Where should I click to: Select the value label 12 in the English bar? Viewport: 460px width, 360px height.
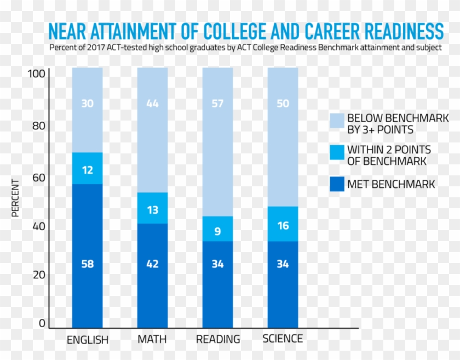point(87,170)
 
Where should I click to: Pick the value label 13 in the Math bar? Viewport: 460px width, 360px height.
point(152,210)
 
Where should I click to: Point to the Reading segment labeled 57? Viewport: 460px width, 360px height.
point(217,142)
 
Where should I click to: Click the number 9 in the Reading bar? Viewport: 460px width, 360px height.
point(217,231)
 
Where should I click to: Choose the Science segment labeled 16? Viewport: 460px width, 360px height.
point(283,225)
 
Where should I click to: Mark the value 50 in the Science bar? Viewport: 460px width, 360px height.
point(283,104)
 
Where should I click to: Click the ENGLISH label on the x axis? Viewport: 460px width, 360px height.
point(88,340)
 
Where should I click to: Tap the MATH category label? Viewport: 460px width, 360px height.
point(152,339)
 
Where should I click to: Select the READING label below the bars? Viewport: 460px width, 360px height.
point(218,339)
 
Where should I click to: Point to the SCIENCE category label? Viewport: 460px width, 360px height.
point(283,338)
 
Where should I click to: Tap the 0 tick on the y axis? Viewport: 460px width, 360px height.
point(42,323)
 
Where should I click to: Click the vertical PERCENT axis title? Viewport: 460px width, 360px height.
point(15,198)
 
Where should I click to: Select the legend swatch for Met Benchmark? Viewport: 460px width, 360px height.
point(337,184)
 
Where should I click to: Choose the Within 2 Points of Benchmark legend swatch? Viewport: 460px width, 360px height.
point(337,155)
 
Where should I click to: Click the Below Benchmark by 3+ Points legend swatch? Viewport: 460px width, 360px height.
point(337,124)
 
